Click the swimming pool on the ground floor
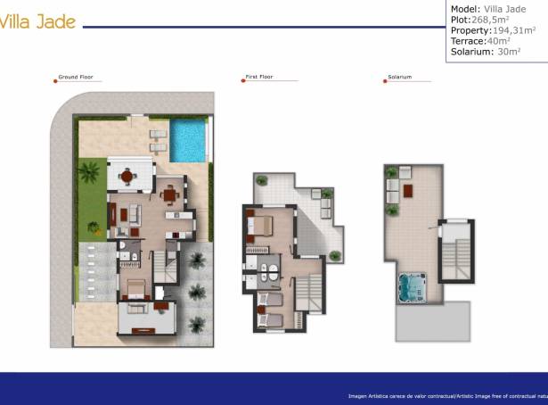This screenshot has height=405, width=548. pyautogui.click(x=189, y=140)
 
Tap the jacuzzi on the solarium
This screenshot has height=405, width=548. pyautogui.click(x=411, y=286)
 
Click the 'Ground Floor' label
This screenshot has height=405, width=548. pyautogui.click(x=76, y=78)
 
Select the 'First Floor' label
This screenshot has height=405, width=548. pyautogui.click(x=258, y=78)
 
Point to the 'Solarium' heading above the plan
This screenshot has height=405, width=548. pyautogui.click(x=399, y=78)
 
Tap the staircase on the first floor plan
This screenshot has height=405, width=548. pyautogui.click(x=309, y=293)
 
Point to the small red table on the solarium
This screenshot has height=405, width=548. pyautogui.click(x=409, y=190)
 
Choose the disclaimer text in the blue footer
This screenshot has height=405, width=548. pyautogui.click(x=446, y=395)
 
